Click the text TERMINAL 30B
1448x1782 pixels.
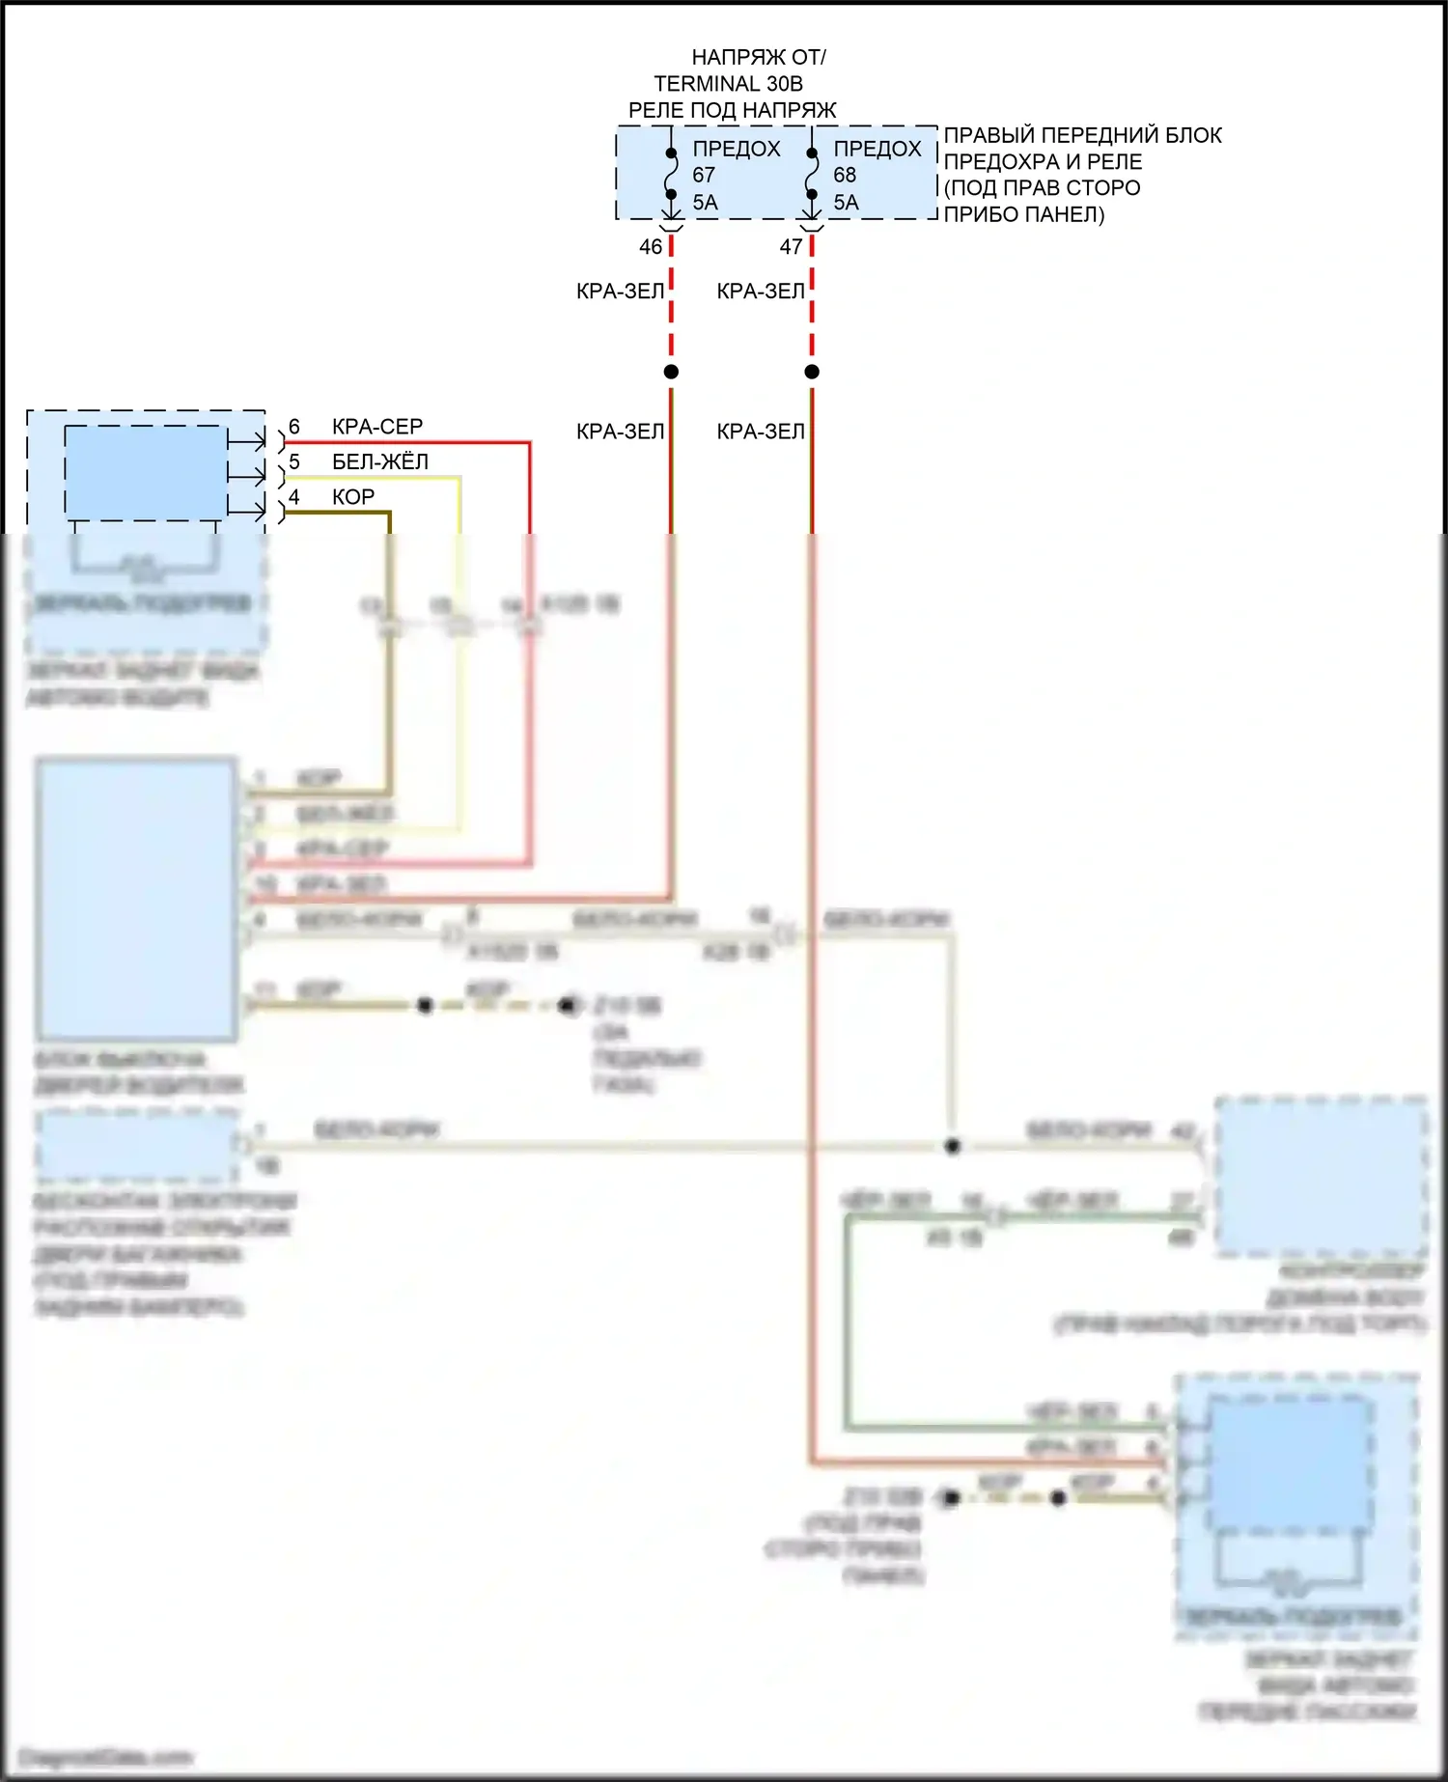point(728,84)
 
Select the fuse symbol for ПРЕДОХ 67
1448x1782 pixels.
point(671,174)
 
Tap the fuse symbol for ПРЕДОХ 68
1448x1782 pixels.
point(812,174)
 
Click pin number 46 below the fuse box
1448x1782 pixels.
point(651,247)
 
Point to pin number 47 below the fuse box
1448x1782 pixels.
point(792,247)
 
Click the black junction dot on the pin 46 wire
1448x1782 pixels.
point(671,372)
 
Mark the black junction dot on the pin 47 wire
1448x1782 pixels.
point(812,372)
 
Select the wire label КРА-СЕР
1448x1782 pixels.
point(377,427)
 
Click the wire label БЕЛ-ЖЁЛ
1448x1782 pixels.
point(380,462)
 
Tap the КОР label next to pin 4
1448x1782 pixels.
point(353,497)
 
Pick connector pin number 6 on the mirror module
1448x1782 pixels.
point(294,427)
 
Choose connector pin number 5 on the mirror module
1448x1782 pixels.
point(294,462)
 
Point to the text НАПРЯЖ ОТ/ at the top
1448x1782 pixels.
point(759,58)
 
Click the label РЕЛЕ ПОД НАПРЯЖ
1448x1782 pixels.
point(732,110)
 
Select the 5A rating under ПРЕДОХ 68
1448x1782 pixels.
point(846,203)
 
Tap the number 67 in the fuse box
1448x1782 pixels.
point(704,176)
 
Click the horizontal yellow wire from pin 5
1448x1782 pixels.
point(376,477)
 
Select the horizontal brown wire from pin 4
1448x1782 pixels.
point(338,513)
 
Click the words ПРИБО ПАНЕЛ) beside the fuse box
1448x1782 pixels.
point(1023,214)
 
